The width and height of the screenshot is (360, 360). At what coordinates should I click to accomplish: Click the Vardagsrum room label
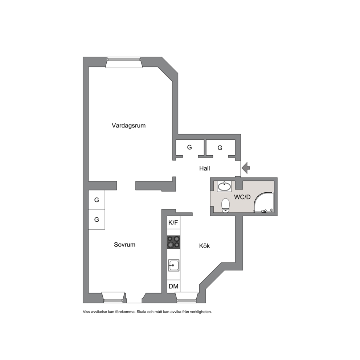(x=128, y=126)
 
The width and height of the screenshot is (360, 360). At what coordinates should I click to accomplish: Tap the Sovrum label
(x=125, y=245)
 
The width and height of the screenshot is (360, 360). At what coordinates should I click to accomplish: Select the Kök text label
(x=204, y=246)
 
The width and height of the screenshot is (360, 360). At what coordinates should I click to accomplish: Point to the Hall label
(x=205, y=168)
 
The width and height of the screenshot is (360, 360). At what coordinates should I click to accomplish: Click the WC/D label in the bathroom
(x=242, y=197)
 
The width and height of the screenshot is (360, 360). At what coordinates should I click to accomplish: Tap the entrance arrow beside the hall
(x=246, y=168)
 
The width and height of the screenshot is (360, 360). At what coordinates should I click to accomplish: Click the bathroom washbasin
(x=224, y=186)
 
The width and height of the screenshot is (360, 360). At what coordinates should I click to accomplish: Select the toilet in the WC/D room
(x=225, y=205)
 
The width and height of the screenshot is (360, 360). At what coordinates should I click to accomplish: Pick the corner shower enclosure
(x=264, y=202)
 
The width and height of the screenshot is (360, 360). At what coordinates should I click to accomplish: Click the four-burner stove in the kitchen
(x=173, y=242)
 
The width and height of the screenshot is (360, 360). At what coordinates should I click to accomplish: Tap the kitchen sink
(x=173, y=265)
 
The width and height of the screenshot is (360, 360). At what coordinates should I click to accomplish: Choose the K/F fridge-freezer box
(x=173, y=222)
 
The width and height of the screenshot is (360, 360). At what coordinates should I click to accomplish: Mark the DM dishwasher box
(x=173, y=286)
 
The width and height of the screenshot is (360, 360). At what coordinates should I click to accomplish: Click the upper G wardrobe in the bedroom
(x=97, y=200)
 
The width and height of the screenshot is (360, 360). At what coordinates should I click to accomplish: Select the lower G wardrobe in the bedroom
(x=97, y=220)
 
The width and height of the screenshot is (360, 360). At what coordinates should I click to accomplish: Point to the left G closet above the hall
(x=190, y=147)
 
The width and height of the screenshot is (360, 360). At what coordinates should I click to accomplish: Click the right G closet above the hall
(x=220, y=148)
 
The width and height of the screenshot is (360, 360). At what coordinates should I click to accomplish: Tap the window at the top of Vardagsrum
(x=124, y=62)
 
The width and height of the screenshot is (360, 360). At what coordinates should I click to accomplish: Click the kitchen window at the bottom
(x=187, y=298)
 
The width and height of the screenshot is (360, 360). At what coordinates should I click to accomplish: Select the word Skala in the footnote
(x=141, y=312)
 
